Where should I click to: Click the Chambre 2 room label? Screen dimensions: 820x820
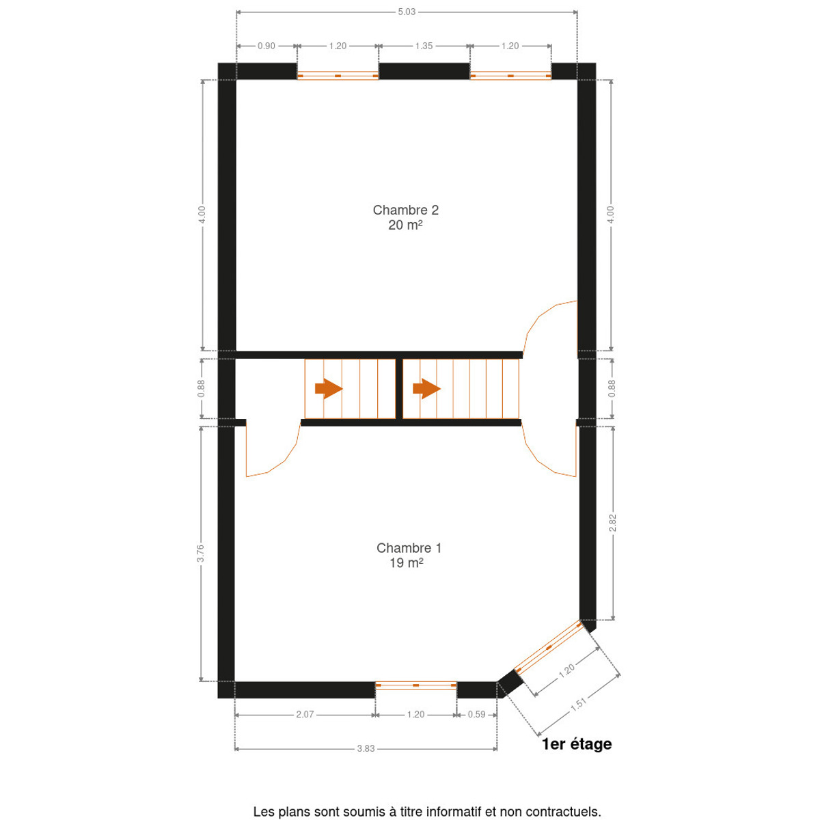click(405, 210)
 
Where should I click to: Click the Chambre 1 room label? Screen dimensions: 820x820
click(409, 547)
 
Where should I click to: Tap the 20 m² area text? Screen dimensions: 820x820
click(405, 225)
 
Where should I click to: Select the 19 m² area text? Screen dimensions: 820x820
click(406, 562)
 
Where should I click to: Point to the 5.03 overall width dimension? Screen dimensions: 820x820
click(407, 12)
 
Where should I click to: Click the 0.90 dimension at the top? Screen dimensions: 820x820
click(266, 46)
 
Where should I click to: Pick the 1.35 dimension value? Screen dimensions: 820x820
click(424, 46)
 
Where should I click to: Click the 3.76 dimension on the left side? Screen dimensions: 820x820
click(200, 553)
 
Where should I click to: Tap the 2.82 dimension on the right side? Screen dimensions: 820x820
click(612, 523)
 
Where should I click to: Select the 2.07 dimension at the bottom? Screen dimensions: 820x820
click(305, 715)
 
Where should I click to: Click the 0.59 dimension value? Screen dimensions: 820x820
click(476, 715)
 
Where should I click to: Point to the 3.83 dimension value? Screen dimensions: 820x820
click(366, 748)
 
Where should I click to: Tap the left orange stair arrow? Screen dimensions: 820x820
click(329, 388)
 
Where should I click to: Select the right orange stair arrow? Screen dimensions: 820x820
click(426, 388)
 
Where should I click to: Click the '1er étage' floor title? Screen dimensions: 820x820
click(577, 744)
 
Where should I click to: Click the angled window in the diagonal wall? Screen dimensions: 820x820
click(548, 647)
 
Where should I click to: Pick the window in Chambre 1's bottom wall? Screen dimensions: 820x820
click(415, 685)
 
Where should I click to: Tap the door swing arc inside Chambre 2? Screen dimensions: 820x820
click(540, 317)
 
